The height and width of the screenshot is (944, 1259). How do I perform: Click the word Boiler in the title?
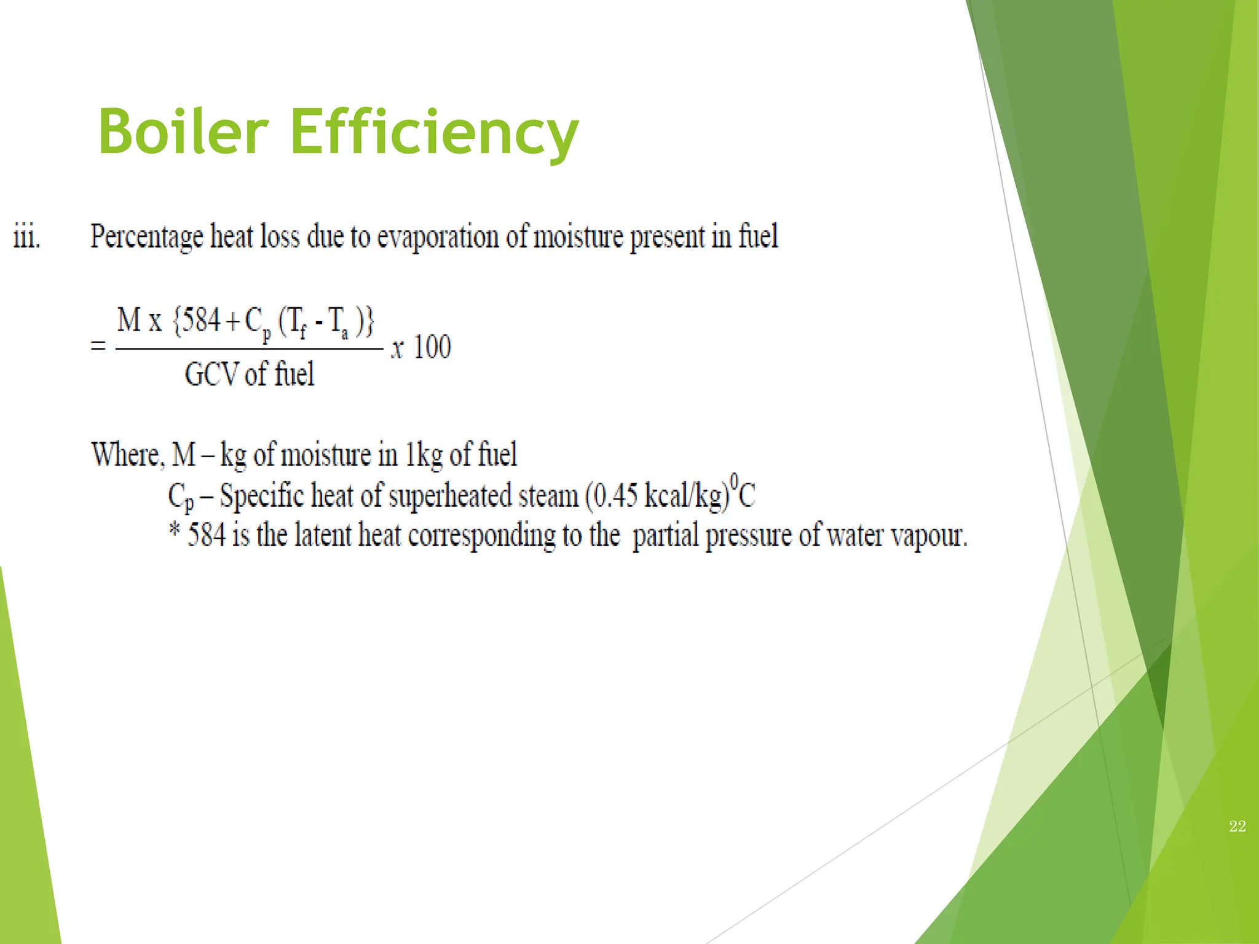tap(183, 132)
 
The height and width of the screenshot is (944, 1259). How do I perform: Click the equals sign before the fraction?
tap(98, 346)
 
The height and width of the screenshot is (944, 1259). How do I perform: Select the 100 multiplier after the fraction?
tap(432, 347)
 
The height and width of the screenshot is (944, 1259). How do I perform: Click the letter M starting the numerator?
tap(129, 320)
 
